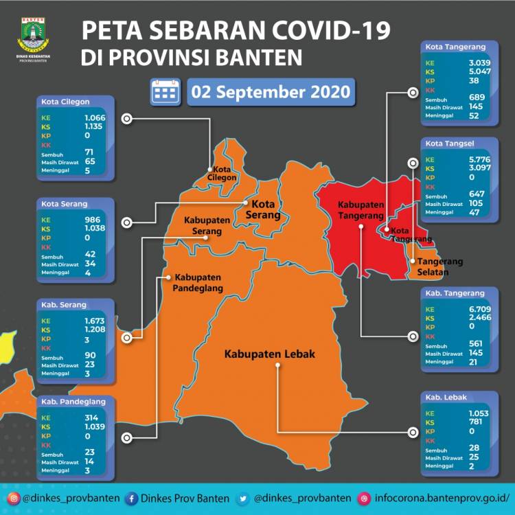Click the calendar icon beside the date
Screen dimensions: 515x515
click(x=165, y=91)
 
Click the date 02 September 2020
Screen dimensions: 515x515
click(x=269, y=91)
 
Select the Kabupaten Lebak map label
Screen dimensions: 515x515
click(x=269, y=354)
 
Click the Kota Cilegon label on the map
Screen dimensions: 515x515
click(x=225, y=173)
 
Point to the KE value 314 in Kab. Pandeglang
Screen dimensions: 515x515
click(x=71, y=417)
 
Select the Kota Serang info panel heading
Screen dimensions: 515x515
click(x=60, y=203)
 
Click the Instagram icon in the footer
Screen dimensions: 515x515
click(x=13, y=498)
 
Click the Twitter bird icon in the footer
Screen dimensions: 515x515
click(x=244, y=498)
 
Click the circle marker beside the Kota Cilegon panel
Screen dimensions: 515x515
click(x=126, y=119)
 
